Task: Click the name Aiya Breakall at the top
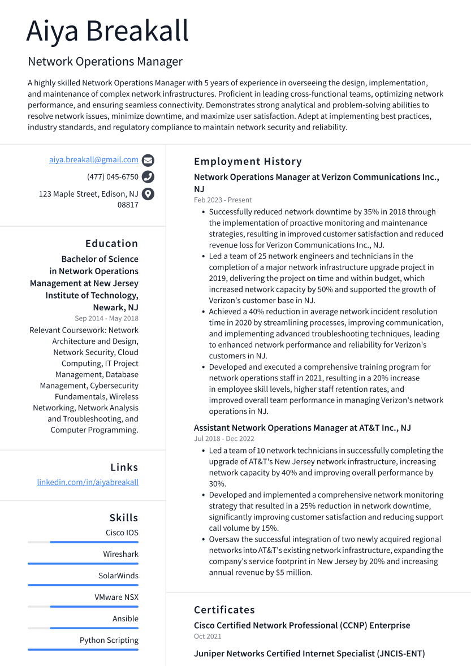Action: click(x=107, y=31)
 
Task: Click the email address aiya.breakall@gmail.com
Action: click(x=94, y=160)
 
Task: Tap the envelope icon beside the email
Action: click(x=148, y=160)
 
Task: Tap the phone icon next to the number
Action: click(x=148, y=177)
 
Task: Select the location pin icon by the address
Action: click(x=148, y=194)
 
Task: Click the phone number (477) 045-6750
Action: click(x=113, y=177)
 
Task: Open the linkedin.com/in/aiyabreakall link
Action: click(x=88, y=482)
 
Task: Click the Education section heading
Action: click(x=111, y=244)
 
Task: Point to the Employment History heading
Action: click(x=248, y=162)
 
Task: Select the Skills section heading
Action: click(x=124, y=518)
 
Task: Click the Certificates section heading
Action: click(x=224, y=610)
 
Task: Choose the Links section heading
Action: click(x=124, y=468)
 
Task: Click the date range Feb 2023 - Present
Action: click(x=223, y=200)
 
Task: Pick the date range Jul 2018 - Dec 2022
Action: click(x=224, y=439)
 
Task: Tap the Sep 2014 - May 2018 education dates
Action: click(x=106, y=318)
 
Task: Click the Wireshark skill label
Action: click(x=120, y=555)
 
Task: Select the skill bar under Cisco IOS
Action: click(x=83, y=542)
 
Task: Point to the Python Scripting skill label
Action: click(x=109, y=641)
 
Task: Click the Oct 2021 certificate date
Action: click(x=208, y=637)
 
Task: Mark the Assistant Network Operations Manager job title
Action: click(x=302, y=428)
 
